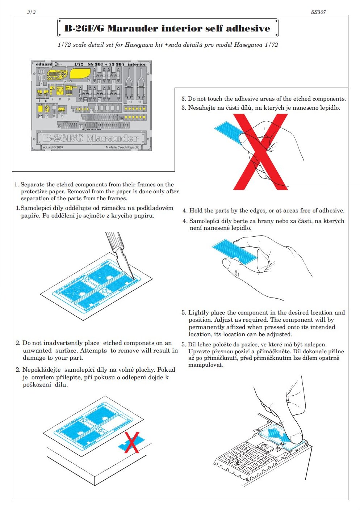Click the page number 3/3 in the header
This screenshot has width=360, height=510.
click(32, 12)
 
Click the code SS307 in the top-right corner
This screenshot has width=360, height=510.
click(318, 12)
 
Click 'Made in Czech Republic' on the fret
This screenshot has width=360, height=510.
click(122, 148)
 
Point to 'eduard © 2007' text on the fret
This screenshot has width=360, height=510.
click(53, 148)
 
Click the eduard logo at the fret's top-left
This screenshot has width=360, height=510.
click(44, 64)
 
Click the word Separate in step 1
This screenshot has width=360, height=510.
click(33, 185)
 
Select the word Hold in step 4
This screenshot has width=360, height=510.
click(196, 211)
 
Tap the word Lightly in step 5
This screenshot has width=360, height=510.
click(198, 313)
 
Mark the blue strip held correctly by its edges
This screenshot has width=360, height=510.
click(234, 250)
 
